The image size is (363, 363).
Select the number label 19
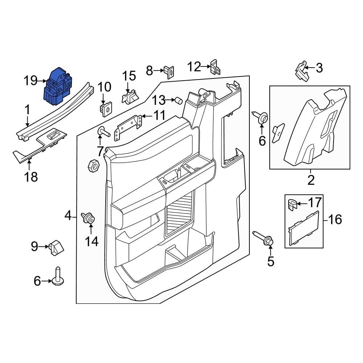30,81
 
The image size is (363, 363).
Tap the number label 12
194,67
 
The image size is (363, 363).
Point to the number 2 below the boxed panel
311,180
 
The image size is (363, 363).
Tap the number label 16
335,219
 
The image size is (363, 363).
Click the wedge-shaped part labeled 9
56,248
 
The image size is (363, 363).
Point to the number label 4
68,216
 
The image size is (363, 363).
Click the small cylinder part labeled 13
178,100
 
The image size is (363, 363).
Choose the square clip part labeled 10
105,108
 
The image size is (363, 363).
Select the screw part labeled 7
103,132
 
